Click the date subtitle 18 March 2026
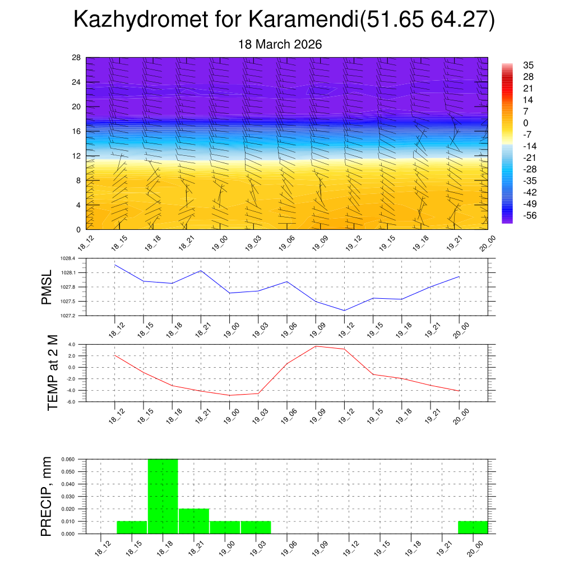pos(280,44)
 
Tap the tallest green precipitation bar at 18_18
pos(163,496)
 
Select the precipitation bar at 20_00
pos(473,527)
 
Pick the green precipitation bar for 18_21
pos(194,521)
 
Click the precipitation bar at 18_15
pos(132,527)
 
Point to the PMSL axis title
pos(46,288)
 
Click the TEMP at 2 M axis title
pos(53,373)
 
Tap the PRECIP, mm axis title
pos(47,496)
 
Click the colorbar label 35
pos(528,65)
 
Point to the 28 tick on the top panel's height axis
pos(77,58)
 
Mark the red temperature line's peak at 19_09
pos(316,346)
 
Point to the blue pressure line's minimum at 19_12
pos(344,311)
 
